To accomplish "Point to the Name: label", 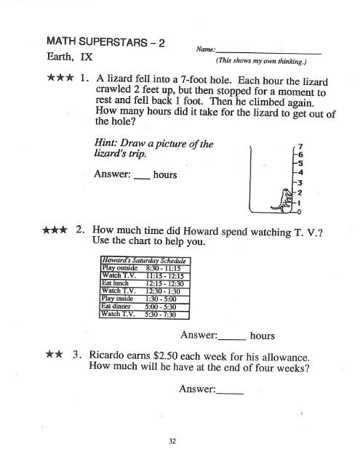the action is click(x=207, y=49).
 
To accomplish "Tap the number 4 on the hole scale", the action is click(x=298, y=172).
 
